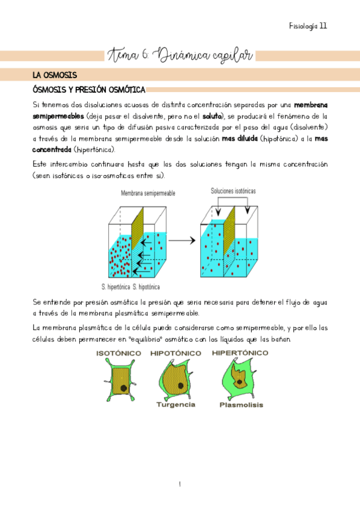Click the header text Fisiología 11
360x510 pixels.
(308, 26)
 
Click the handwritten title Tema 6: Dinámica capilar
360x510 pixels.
(180, 56)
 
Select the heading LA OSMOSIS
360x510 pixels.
(55, 75)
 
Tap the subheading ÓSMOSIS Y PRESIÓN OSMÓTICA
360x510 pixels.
(88, 90)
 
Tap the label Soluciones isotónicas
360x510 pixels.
(233, 191)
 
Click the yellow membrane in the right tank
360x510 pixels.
(227, 247)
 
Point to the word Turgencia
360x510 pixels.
(175, 405)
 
